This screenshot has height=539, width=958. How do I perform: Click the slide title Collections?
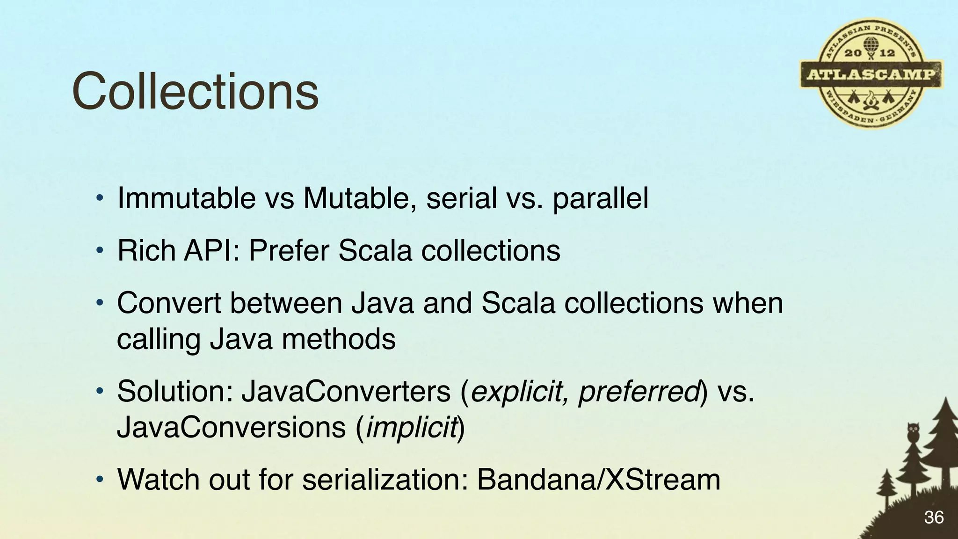pyautogui.click(x=196, y=91)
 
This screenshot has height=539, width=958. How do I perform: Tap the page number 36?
pyautogui.click(x=934, y=517)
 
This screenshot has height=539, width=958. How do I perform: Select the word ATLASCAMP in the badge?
pyautogui.click(x=871, y=75)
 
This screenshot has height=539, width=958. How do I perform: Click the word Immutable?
pyautogui.click(x=186, y=198)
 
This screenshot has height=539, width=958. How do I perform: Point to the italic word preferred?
pyautogui.click(x=638, y=392)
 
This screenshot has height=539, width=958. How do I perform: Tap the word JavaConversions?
pyautogui.click(x=231, y=427)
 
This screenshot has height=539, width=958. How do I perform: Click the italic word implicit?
pyautogui.click(x=411, y=427)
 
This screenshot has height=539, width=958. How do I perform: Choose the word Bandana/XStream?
pyautogui.click(x=598, y=480)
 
